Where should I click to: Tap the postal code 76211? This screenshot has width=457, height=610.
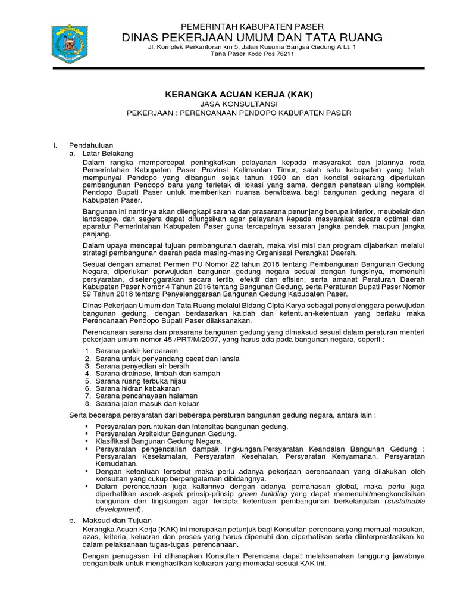click(281, 55)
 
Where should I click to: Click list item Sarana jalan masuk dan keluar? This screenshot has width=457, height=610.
click(141, 403)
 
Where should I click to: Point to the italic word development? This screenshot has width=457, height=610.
click(117, 509)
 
